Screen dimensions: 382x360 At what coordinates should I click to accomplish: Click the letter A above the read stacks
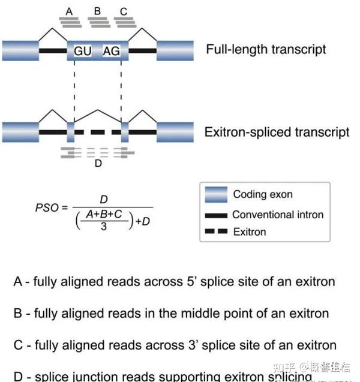[70, 11]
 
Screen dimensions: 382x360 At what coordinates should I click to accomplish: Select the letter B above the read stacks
[97, 11]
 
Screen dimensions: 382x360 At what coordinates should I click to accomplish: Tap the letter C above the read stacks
[124, 11]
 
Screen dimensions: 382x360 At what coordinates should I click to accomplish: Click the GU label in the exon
[83, 51]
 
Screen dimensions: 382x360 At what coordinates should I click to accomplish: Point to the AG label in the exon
[111, 51]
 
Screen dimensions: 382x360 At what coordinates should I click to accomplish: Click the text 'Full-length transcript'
[266, 49]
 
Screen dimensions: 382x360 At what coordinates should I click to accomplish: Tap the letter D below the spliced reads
[98, 163]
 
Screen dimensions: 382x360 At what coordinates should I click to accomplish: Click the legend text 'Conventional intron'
[278, 215]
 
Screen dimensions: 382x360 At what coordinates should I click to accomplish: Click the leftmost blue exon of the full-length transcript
[20, 51]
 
